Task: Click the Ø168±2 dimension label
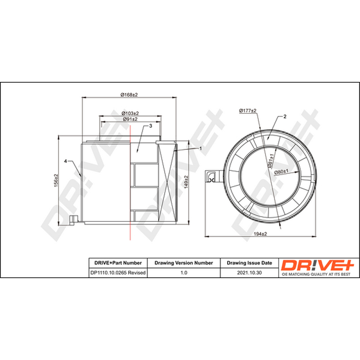click(129, 94)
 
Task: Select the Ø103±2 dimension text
click(130, 113)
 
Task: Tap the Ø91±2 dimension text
click(130, 119)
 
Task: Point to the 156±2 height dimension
click(56, 180)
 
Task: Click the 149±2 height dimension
click(186, 182)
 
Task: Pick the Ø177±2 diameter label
click(248, 111)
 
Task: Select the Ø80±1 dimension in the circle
click(281, 172)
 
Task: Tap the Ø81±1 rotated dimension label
click(271, 161)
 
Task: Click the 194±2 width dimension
click(260, 234)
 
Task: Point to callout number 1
click(201, 148)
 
